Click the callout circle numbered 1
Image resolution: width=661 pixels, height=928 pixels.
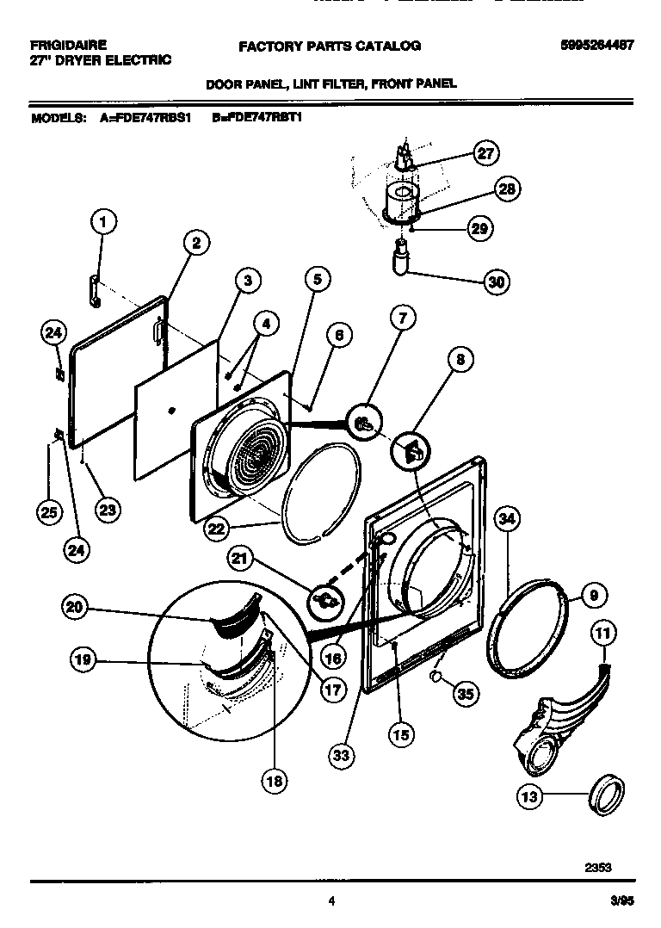point(103,224)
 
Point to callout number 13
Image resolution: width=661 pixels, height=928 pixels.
point(530,797)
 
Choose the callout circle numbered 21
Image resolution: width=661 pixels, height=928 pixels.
point(240,560)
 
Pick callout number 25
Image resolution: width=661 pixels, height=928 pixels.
point(50,512)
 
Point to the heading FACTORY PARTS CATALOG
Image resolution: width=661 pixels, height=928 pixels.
point(329,46)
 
